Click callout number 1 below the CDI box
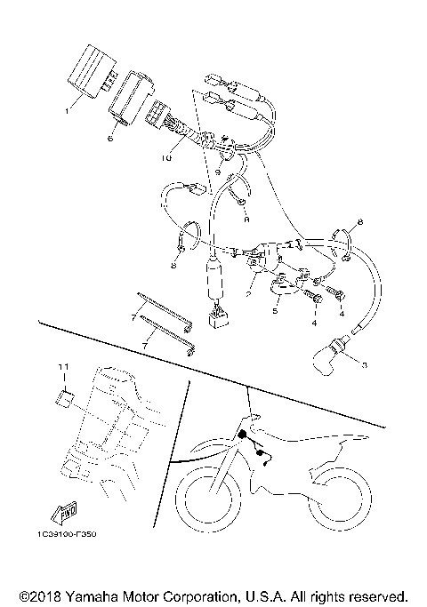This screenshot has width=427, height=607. tap(66, 111)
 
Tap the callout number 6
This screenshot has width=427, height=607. tap(110, 138)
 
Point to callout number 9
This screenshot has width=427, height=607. tap(218, 170)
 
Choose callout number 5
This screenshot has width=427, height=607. tap(277, 312)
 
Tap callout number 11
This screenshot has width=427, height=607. tap(63, 366)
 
